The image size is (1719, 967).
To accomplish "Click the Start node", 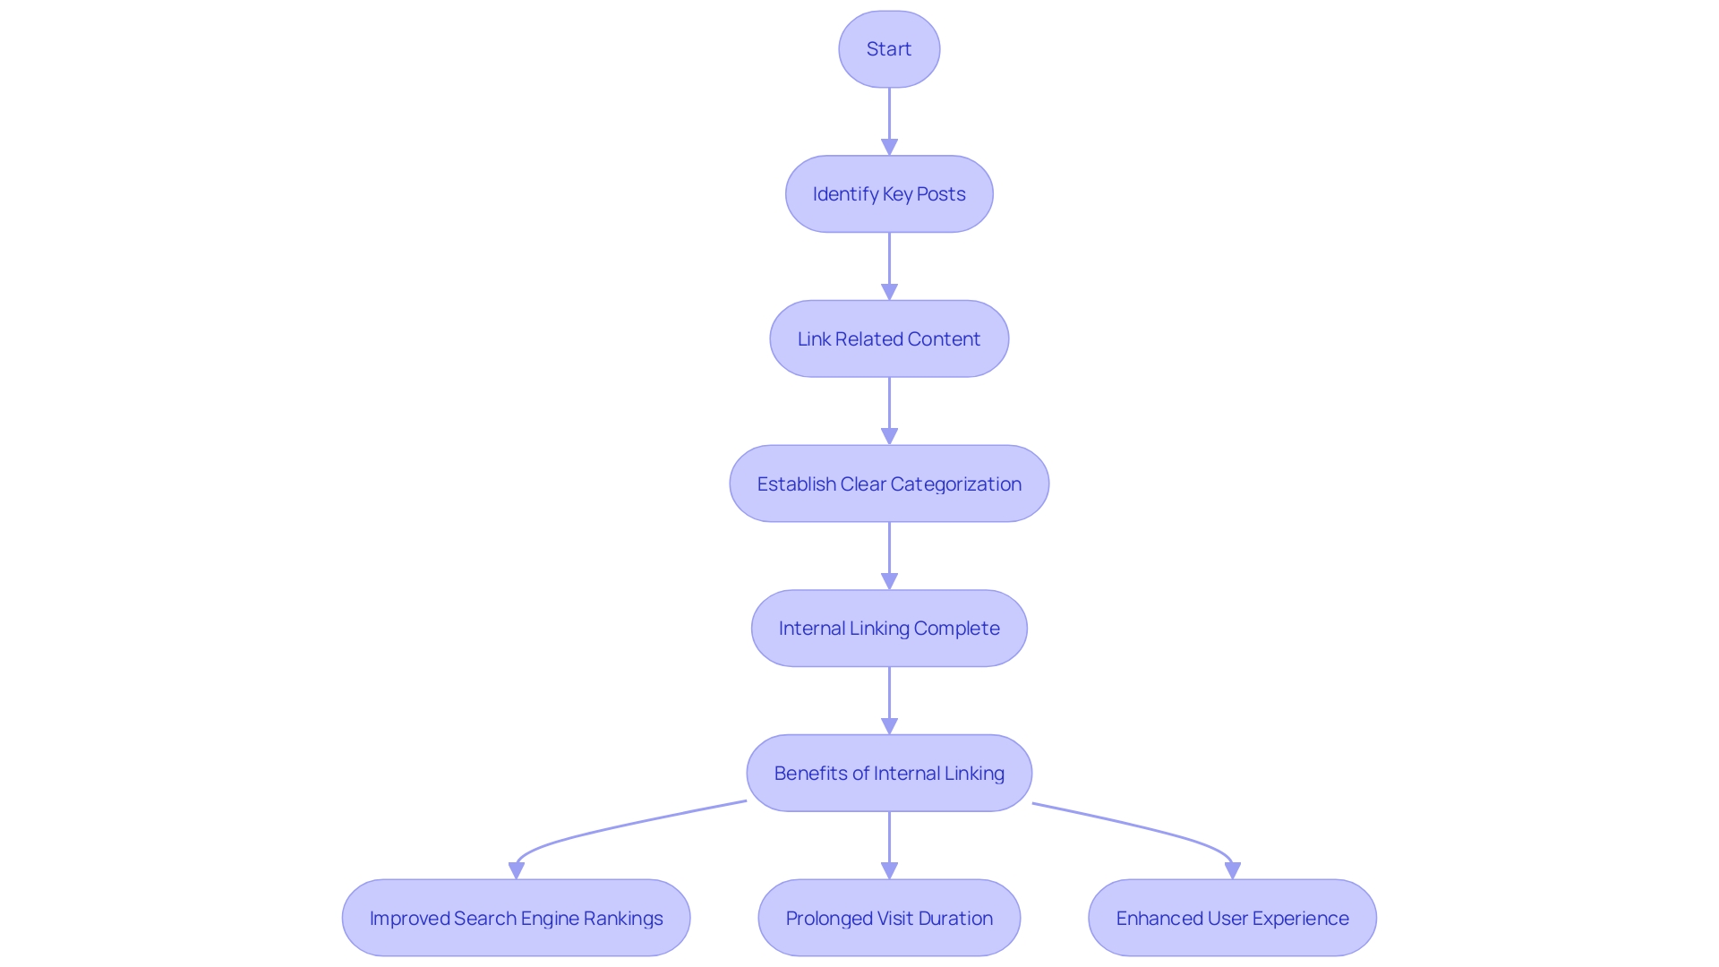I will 889,49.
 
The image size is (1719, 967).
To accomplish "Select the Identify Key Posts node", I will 889,194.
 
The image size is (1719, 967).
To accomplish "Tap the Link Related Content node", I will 889,339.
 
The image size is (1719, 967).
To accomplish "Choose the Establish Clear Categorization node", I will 889,484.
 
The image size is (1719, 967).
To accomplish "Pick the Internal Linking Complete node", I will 889,629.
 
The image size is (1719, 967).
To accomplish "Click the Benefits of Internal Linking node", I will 889,774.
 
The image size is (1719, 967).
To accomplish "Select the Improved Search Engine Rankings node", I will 516,919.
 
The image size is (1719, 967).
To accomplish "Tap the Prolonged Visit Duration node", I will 889,919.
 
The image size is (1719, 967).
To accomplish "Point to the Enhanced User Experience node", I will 1232,919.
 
